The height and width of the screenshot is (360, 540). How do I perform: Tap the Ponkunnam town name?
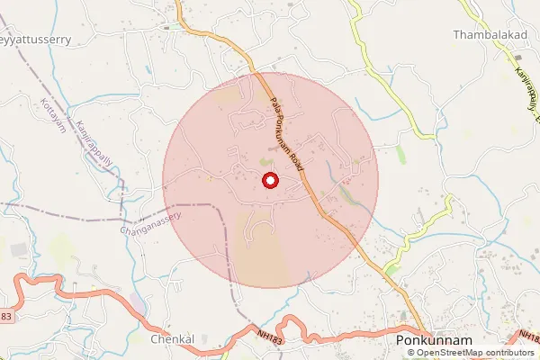pyautogui.click(x=433, y=342)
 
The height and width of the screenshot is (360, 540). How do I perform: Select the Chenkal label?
pyautogui.click(x=173, y=339)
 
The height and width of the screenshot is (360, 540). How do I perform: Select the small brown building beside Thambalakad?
pyautogui.click(x=492, y=58)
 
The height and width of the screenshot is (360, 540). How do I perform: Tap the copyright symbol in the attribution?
pyautogui.click(x=411, y=353)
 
